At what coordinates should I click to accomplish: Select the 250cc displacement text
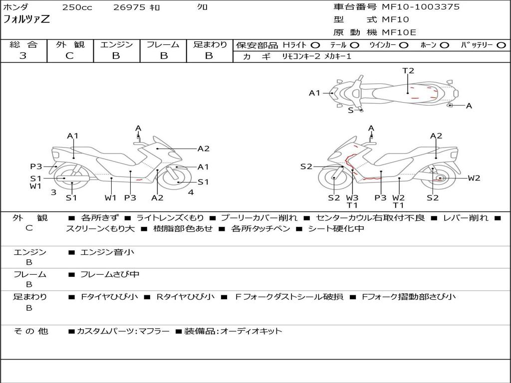coord(77,7)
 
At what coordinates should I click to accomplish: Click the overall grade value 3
coord(23,56)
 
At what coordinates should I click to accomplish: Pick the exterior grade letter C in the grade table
coord(69,56)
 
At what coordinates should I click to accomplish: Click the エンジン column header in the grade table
coord(116,44)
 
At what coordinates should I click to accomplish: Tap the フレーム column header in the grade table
coord(163,44)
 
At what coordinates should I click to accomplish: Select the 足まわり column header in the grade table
coord(210,44)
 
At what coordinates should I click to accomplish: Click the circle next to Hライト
coord(315,45)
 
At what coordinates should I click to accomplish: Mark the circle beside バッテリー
coord(502,45)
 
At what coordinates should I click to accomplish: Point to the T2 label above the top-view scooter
coord(408,71)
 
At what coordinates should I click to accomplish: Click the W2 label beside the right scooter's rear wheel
coord(474,178)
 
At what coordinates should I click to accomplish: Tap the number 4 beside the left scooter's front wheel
coord(191,192)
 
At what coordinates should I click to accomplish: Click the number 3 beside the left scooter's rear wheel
coord(53,192)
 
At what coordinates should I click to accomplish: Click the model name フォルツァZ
coord(26,20)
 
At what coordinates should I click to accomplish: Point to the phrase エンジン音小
coord(107,252)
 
